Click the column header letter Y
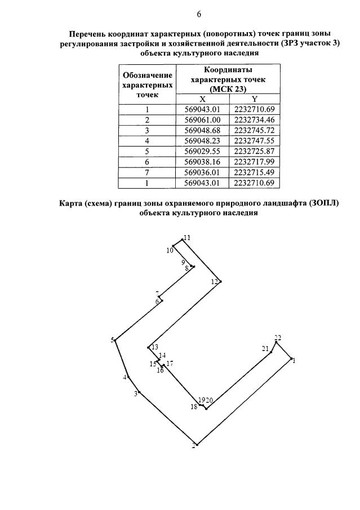click(x=254, y=99)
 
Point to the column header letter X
click(x=203, y=99)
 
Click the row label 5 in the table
click(x=147, y=151)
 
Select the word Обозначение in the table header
click(x=148, y=76)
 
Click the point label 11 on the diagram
click(x=187, y=238)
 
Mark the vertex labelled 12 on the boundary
click(x=221, y=281)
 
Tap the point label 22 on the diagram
click(x=277, y=338)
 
